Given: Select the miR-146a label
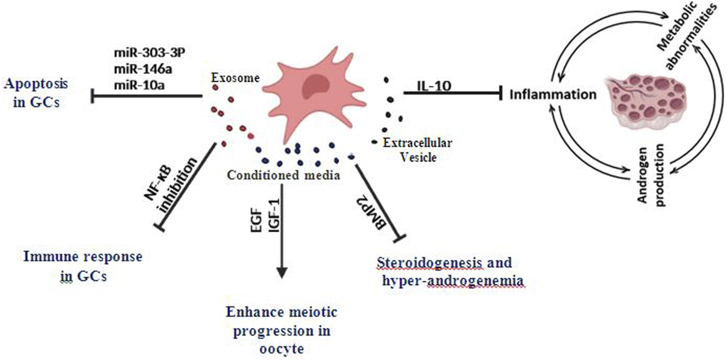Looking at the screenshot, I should [x=142, y=68].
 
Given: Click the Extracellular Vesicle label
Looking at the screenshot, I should [x=417, y=150].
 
